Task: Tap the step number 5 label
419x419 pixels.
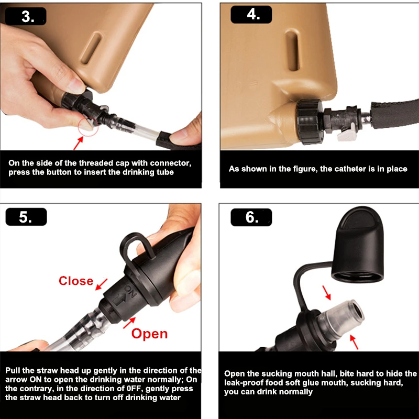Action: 26,217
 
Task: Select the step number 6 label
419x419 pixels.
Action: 251,217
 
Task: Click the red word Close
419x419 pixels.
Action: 76,281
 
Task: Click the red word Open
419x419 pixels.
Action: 149,334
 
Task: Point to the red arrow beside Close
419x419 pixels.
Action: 101,284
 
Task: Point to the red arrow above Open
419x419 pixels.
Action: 129,323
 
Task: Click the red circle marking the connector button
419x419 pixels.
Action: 88,127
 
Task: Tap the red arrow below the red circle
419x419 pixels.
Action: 78,143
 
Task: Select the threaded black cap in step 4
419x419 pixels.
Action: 310,122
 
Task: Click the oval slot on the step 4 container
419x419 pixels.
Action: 293,50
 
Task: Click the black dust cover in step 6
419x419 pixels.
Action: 358,245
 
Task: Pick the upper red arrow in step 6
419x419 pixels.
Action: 326,293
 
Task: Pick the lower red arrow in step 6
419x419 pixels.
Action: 354,342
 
